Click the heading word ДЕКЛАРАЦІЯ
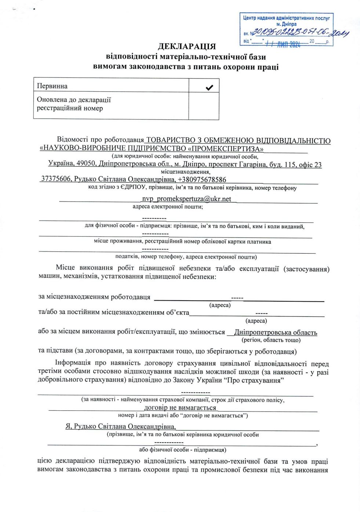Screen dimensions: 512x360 click(x=187, y=47)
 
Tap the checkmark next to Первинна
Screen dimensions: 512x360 click(x=209, y=87)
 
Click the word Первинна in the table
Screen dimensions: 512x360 click(x=52, y=86)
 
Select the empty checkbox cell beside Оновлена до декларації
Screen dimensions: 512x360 click(x=204, y=106)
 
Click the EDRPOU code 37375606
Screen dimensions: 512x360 click(x=56, y=179)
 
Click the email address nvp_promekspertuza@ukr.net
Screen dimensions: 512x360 click(x=186, y=199)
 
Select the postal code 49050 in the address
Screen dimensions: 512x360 click(x=86, y=164)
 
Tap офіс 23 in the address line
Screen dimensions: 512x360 click(x=310, y=165)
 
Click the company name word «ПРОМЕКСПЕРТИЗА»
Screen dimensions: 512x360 click(x=226, y=149)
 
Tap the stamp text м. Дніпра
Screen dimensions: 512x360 click(x=286, y=24)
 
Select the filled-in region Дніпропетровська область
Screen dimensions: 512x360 click(x=275, y=333)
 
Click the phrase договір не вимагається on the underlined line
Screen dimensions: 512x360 click(x=180, y=407)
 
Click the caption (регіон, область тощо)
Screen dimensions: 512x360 click(x=271, y=340)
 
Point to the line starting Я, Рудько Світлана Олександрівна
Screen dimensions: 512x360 click(x=121, y=426)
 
